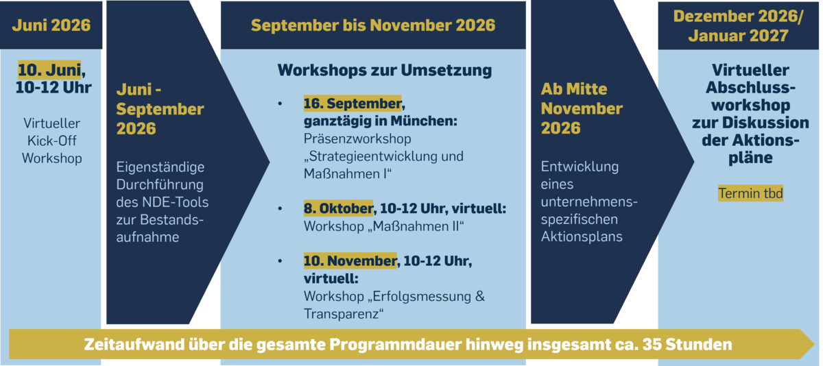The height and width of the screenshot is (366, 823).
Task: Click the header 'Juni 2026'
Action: (51, 25)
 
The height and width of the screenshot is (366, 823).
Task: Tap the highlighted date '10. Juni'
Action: (49, 70)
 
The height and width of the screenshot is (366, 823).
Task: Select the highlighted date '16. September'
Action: (353, 103)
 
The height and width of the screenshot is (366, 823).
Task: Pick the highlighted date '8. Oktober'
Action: (338, 208)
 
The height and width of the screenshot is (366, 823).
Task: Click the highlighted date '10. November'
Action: (350, 261)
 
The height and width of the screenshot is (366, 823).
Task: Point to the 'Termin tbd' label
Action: (750, 193)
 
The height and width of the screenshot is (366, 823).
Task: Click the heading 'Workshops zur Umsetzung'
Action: (384, 70)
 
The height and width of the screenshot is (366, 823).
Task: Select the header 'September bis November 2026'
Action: (373, 25)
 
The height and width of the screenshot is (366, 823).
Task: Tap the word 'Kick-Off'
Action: (52, 141)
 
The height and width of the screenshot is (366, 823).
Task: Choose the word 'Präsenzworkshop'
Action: (357, 139)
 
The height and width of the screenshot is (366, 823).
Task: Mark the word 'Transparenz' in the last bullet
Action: (341, 314)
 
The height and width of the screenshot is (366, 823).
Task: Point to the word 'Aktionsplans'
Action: (582, 236)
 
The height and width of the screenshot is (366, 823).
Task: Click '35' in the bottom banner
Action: (652, 344)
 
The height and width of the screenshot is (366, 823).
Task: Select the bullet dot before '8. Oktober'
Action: (280, 208)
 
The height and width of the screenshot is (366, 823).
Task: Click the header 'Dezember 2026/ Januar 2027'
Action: (738, 26)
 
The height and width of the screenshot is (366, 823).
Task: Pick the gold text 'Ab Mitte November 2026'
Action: (582, 108)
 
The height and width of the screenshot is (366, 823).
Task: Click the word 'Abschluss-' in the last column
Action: (750, 87)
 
